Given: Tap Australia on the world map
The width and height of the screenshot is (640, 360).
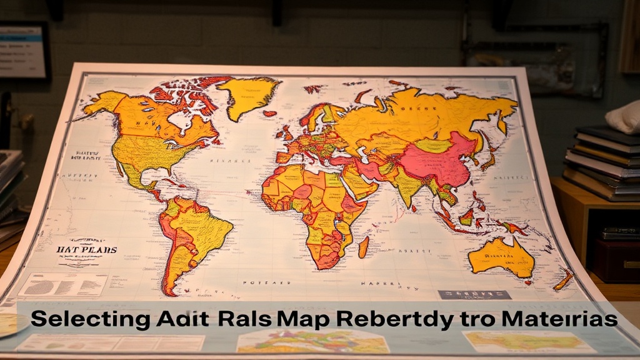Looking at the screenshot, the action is [x=502, y=256].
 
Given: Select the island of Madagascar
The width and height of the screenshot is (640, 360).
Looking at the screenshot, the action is [x=363, y=246].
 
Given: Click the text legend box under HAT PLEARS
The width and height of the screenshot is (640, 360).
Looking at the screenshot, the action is [x=62, y=284].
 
